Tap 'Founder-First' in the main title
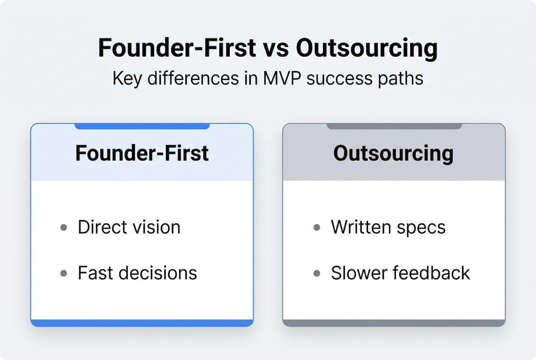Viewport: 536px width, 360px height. click(x=175, y=49)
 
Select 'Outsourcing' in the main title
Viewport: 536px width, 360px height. click(x=367, y=49)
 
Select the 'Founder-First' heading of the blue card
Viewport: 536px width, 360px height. click(x=142, y=153)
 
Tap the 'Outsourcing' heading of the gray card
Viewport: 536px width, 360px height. click(x=394, y=153)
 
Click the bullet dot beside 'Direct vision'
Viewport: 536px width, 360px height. click(x=63, y=227)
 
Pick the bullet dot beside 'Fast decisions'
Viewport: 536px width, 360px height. click(x=63, y=273)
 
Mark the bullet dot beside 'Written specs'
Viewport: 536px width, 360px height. click(x=317, y=227)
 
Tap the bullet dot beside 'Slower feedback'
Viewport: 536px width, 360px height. click(x=317, y=273)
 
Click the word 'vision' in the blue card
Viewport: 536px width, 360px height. click(x=156, y=227)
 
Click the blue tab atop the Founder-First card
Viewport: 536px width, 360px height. click(x=142, y=126)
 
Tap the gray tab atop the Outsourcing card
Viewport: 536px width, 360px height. click(x=394, y=126)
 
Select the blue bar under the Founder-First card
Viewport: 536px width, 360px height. click(x=142, y=323)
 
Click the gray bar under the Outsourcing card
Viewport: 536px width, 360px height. click(x=394, y=323)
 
